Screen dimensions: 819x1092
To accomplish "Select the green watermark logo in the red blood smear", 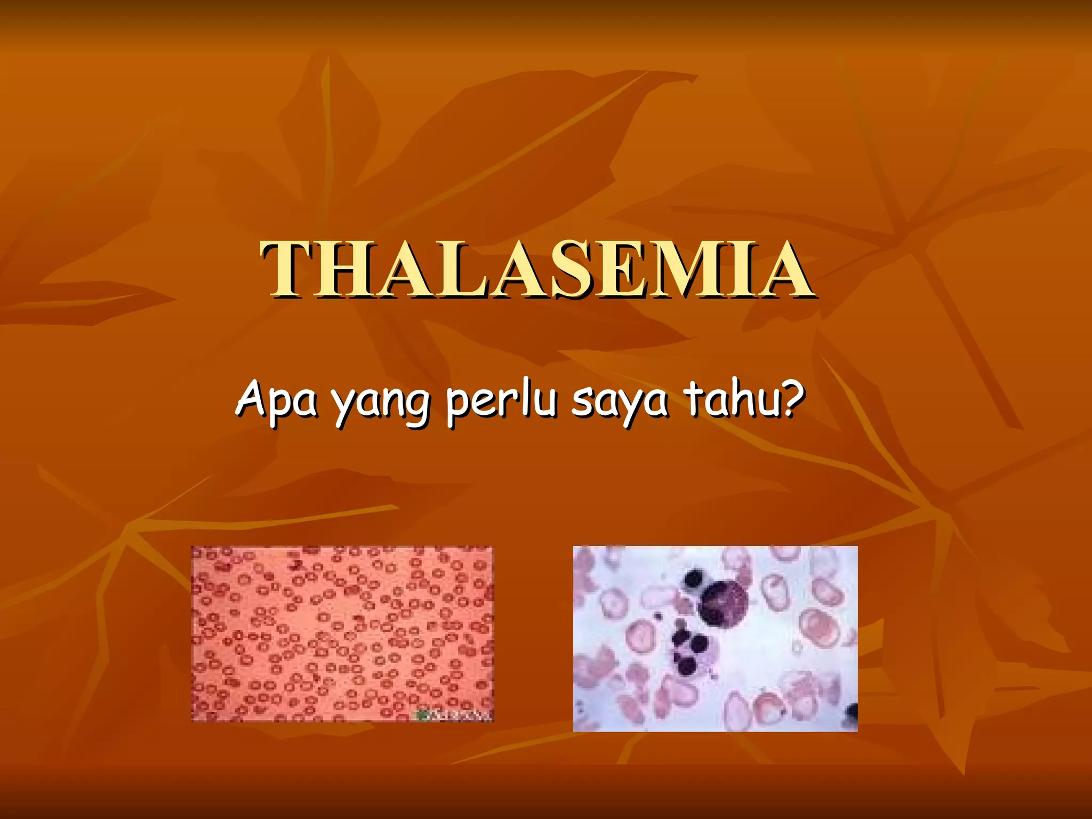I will pyautogui.click(x=424, y=714).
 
